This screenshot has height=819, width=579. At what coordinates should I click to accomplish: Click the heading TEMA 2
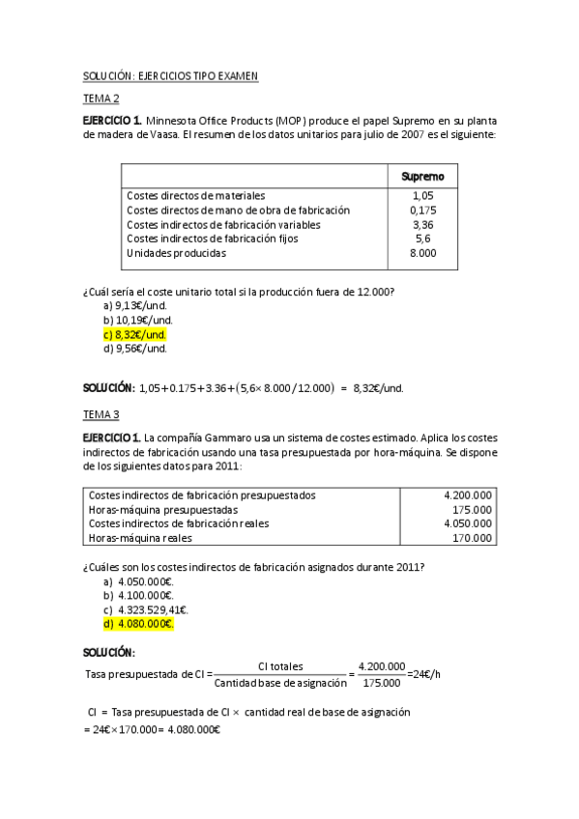(x=101, y=98)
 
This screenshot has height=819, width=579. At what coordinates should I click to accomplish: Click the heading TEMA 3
(x=101, y=414)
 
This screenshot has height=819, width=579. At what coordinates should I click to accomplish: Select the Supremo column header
(x=422, y=176)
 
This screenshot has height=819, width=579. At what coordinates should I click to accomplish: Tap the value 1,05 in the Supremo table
(x=422, y=195)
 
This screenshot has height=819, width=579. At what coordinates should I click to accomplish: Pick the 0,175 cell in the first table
(x=422, y=210)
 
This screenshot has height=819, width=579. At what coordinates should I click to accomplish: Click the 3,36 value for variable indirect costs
(x=422, y=224)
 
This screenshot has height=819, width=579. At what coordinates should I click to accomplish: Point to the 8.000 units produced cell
(x=422, y=253)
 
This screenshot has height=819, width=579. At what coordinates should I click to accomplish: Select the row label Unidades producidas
(x=176, y=253)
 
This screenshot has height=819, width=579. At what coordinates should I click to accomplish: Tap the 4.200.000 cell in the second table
(x=467, y=495)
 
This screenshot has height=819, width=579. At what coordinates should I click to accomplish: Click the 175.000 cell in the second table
(x=473, y=509)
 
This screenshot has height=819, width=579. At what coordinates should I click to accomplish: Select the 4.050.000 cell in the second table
(x=467, y=523)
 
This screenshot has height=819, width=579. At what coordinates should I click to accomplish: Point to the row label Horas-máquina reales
(x=140, y=538)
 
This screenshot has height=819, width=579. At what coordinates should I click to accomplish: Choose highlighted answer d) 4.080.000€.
(x=138, y=624)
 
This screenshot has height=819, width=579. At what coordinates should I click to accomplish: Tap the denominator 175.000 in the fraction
(x=381, y=684)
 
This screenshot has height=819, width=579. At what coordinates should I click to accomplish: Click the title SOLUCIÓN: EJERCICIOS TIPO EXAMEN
(x=169, y=75)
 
